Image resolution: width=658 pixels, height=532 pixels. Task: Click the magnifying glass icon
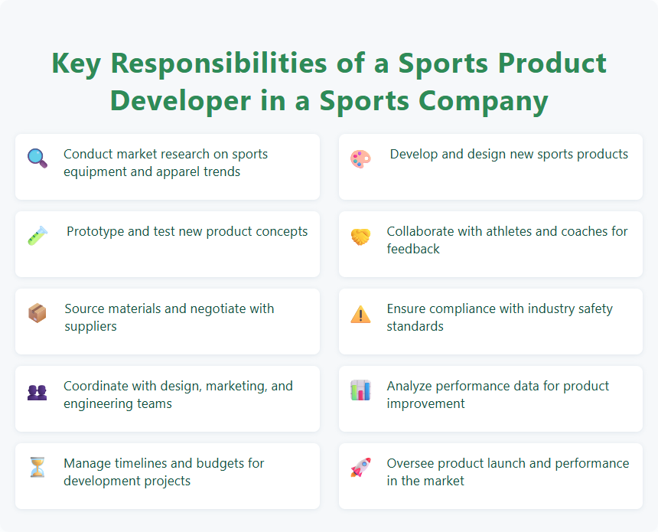point(37,158)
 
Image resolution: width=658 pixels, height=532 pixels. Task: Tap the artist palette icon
point(360,158)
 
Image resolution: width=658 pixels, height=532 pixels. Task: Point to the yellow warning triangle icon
point(360,314)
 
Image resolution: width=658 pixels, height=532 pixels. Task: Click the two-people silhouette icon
point(37,391)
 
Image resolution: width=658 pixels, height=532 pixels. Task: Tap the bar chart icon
point(360,390)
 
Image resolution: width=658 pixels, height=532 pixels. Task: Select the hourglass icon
point(37,468)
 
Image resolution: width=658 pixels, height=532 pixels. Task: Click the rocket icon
point(360,468)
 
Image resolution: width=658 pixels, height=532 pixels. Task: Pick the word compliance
point(465,308)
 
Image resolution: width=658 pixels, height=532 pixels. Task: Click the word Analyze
point(411,386)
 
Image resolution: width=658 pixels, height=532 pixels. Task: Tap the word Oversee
point(412,463)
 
